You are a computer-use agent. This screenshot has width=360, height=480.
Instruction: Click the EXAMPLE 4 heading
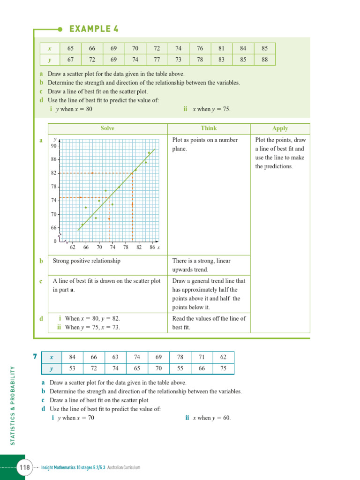[x=94, y=29]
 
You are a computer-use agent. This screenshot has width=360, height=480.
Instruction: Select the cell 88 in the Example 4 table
[x=265, y=60]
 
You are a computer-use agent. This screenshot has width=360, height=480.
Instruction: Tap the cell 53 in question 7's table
[x=72, y=368]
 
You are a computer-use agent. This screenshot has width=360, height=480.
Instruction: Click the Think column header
[x=209, y=128]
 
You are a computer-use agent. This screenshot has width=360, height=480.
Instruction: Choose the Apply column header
[x=280, y=128]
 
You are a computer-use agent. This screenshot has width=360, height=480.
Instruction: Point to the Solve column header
[x=107, y=128]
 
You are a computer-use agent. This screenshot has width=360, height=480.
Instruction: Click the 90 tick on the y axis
[x=54, y=146]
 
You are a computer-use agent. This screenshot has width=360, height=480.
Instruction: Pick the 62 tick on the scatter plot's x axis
[x=73, y=247]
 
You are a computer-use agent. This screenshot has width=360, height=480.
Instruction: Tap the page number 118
[x=24, y=467]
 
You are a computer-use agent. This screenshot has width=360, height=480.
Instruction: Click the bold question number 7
[x=35, y=357]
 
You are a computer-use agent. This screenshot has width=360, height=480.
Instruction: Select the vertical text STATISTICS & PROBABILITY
[x=13, y=405]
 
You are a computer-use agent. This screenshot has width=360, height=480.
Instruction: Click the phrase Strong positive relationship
[x=86, y=261]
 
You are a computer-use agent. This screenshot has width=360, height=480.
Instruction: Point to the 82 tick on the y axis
[x=54, y=173]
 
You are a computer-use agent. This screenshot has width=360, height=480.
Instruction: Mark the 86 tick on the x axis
[x=152, y=247]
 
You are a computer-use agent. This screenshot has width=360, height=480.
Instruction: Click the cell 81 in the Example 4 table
[x=221, y=48]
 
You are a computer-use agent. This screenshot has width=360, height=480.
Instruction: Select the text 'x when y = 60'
[x=211, y=418]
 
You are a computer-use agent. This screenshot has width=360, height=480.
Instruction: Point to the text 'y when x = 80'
[x=74, y=109]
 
